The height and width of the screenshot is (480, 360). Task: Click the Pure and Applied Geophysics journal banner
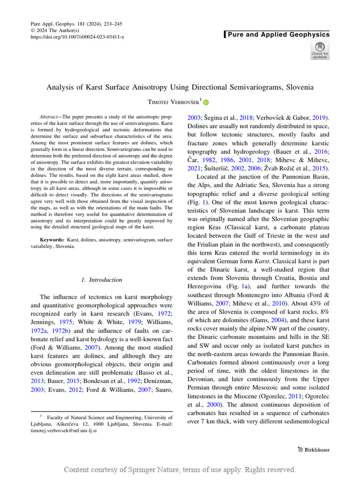point(278,34)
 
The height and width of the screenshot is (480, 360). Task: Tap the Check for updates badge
point(320,51)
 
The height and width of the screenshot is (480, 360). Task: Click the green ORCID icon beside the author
point(206,102)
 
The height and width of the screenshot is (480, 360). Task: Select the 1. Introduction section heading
point(101,280)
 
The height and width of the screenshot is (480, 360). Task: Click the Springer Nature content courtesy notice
point(180,469)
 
